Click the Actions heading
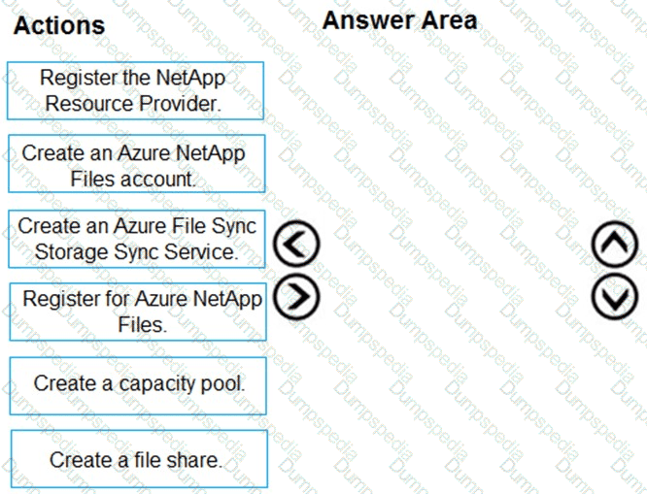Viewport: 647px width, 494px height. click(x=59, y=25)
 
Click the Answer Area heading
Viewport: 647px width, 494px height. click(x=399, y=20)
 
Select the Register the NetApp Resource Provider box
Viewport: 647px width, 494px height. click(x=135, y=90)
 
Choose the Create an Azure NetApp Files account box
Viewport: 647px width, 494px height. click(x=137, y=164)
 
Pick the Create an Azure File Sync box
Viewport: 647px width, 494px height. click(x=137, y=239)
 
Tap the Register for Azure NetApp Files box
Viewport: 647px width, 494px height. click(x=138, y=312)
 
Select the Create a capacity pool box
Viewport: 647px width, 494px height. click(x=138, y=386)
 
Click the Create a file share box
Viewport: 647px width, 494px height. click(x=139, y=459)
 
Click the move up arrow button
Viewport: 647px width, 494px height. click(x=615, y=245)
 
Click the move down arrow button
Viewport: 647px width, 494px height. click(x=615, y=296)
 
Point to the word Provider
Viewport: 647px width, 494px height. click(x=180, y=104)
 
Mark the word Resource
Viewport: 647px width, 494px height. click(x=89, y=104)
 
